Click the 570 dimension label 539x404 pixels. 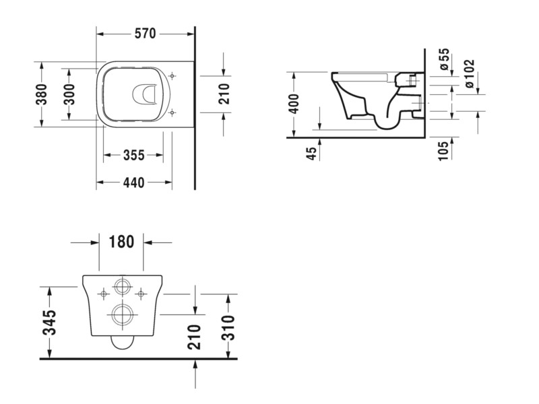pos(145,34)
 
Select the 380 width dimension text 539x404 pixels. pos(42,94)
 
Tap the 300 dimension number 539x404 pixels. pos(69,94)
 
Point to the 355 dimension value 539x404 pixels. pos(133,156)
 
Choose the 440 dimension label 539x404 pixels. pos(133,182)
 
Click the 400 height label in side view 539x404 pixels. pos(294,104)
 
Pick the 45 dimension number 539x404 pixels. pos(311,154)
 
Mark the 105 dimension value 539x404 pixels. pos(443,150)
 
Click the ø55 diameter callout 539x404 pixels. pos(444,59)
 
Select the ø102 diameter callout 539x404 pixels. pos(469,73)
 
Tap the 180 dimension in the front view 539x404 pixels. pos(121,242)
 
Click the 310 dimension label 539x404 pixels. pos(228,328)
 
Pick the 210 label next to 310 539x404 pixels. pos(194,337)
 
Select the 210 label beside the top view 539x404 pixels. pos(224,94)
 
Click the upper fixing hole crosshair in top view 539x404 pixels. pos(172,75)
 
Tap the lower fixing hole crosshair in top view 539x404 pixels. pos(172,112)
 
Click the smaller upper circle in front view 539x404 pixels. pos(122,286)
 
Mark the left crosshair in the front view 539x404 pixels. pos(104,294)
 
